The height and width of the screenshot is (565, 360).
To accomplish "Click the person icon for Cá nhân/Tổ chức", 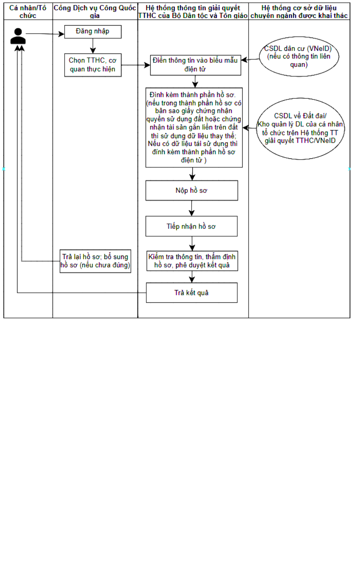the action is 18,36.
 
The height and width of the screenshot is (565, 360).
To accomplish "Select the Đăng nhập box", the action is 93,32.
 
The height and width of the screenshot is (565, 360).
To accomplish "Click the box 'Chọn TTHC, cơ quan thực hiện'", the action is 93,65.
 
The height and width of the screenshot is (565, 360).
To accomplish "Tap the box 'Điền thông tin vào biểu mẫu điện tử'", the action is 195,65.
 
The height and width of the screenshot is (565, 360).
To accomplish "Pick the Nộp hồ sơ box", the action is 192,191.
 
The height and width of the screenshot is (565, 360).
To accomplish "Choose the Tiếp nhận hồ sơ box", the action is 192,226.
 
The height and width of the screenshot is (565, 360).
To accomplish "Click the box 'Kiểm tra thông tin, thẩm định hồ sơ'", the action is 192,261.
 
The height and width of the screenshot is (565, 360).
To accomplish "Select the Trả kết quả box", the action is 192,293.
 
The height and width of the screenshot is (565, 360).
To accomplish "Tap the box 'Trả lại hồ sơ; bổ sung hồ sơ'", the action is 95,261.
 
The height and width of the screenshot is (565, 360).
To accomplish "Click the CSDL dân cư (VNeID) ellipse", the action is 299,57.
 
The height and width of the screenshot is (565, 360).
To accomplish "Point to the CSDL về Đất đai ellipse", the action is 300,129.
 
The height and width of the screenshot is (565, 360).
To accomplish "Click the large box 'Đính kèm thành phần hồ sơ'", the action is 194,128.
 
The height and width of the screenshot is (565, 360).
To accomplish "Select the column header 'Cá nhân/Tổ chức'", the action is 28,12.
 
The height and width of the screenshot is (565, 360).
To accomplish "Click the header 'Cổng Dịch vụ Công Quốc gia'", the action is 95,12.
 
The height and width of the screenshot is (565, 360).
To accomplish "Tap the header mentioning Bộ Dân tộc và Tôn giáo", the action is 193,12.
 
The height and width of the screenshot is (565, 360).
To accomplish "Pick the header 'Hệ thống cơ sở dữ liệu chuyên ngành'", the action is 299,12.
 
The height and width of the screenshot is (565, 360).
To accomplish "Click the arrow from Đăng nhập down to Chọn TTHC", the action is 93,46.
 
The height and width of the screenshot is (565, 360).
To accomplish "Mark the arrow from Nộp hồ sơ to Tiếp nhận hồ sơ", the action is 192,208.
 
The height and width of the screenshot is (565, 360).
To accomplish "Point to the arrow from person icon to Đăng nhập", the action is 45,34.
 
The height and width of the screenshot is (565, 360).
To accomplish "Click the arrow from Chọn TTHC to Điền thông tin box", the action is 136,65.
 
